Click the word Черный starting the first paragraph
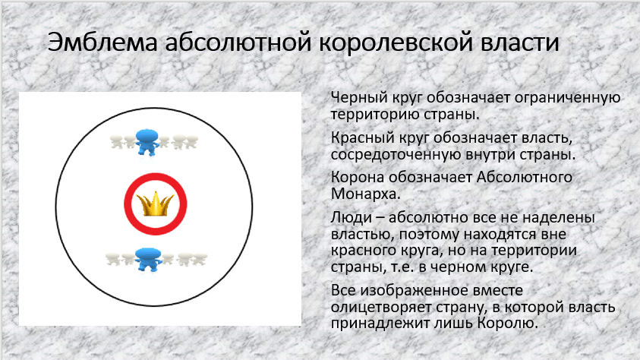coord(355,99)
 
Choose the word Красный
coord(359,139)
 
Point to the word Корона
coord(355,178)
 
